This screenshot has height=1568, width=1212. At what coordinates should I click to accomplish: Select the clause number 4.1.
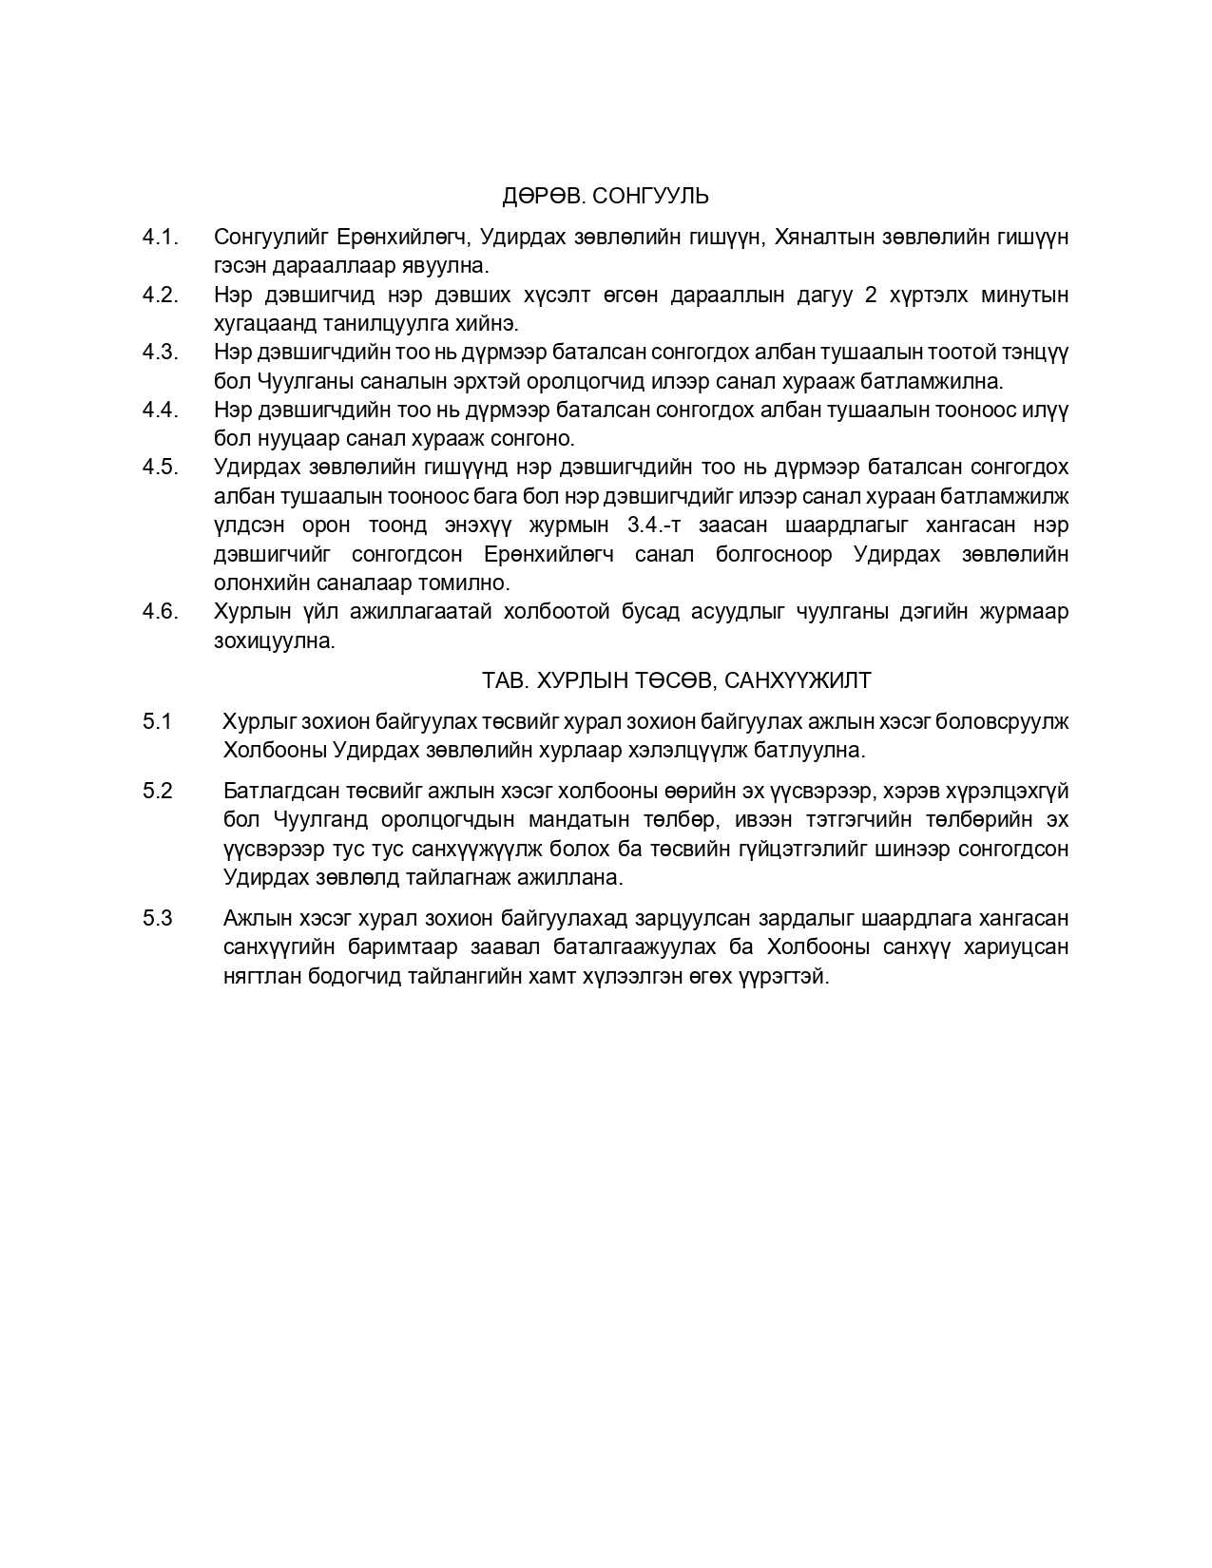[161, 237]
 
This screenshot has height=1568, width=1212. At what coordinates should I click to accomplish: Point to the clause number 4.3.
[161, 353]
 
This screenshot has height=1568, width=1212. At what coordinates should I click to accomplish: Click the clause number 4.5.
[161, 468]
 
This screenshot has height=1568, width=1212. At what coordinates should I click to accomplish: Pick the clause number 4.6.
[161, 611]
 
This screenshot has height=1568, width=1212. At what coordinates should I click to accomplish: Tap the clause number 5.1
[158, 721]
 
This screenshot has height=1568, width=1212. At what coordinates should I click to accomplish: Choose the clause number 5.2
[158, 791]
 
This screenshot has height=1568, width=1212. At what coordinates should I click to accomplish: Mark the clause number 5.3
[158, 918]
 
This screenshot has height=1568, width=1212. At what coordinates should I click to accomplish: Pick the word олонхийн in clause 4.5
[256, 583]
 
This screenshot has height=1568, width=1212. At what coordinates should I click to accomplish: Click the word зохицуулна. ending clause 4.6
[275, 641]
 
